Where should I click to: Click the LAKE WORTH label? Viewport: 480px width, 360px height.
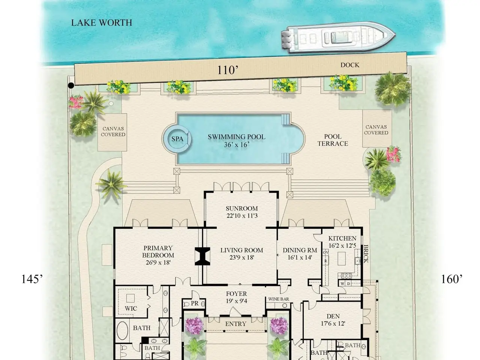tap(102, 23)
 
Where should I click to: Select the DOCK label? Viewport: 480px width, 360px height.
tap(349, 65)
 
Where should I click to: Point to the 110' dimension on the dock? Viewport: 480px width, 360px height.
tap(227, 70)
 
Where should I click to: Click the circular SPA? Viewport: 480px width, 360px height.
tap(177, 139)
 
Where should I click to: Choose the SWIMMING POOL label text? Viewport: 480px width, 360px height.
tap(236, 137)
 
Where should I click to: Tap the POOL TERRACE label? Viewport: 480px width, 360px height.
tap(333, 140)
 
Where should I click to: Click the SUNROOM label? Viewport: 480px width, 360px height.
tap(242, 208)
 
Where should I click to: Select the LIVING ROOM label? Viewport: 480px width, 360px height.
tap(241, 250)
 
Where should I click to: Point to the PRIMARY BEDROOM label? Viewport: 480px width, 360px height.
tap(158, 252)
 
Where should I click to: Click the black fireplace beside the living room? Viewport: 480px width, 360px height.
tap(202, 256)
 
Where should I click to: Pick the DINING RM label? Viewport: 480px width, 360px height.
tap(300, 250)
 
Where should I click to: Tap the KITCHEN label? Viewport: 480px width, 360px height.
tap(342, 238)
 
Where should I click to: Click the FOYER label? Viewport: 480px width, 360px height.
tap(236, 294)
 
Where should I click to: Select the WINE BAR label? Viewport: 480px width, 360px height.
tap(279, 299)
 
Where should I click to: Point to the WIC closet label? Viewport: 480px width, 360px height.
tap(131, 308)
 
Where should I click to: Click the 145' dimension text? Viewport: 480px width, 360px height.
tap(32, 279)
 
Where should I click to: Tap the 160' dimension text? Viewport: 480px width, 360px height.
tap(452, 279)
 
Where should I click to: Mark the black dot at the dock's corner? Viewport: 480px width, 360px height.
tap(71, 85)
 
